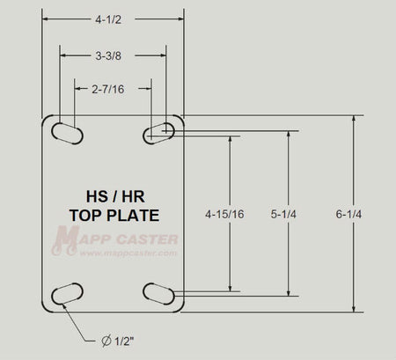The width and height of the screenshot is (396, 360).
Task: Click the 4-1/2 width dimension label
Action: point(108,19)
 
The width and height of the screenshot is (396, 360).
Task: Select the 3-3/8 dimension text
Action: point(108,55)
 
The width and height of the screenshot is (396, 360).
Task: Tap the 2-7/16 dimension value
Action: point(108,89)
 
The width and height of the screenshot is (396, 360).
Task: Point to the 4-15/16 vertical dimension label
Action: point(224,214)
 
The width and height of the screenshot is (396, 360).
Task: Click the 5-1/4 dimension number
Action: point(283,214)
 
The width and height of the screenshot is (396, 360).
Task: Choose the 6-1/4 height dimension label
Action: point(348,214)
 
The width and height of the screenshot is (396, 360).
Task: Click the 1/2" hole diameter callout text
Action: point(124,342)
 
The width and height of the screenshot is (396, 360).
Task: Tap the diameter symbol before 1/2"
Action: point(106,341)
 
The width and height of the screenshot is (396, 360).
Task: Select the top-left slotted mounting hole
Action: point(67,134)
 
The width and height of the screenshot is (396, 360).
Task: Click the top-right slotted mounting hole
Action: point(158,134)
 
